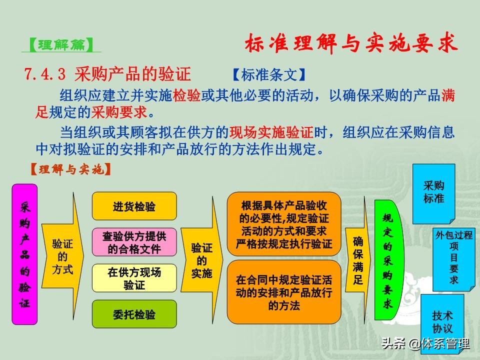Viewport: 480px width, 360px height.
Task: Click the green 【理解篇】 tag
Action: pos(61,45)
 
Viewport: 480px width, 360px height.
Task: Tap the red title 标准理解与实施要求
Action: pos(351,43)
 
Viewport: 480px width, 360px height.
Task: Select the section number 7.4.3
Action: pos(45,74)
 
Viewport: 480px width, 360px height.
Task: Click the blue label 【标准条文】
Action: pos(269,74)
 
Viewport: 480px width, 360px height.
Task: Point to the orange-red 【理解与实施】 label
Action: pos(70,169)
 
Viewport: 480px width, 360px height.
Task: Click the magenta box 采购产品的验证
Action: pos(24,254)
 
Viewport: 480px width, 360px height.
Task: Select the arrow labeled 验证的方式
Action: pos(63,256)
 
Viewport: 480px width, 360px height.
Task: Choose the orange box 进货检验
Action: pos(134,206)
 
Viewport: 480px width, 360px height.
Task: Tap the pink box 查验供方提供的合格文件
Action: pos(134,242)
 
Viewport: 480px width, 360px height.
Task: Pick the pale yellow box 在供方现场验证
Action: pos(134,278)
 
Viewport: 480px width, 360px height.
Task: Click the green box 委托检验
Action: pos(134,314)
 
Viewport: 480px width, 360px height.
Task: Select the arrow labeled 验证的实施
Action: pos(201,260)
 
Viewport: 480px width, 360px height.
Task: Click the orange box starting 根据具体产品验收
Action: pos(284,224)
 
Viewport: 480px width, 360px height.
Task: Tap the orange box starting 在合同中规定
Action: pos(284,292)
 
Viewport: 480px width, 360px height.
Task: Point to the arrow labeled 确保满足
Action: pos(358,260)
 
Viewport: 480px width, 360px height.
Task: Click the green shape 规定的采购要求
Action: pos(388,260)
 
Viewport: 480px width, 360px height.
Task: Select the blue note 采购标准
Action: pos(434,193)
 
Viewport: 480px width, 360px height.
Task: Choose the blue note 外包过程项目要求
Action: pos(453,259)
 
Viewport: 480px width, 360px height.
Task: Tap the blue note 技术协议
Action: pos(442,323)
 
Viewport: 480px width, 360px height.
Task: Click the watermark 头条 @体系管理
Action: pos(425,343)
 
